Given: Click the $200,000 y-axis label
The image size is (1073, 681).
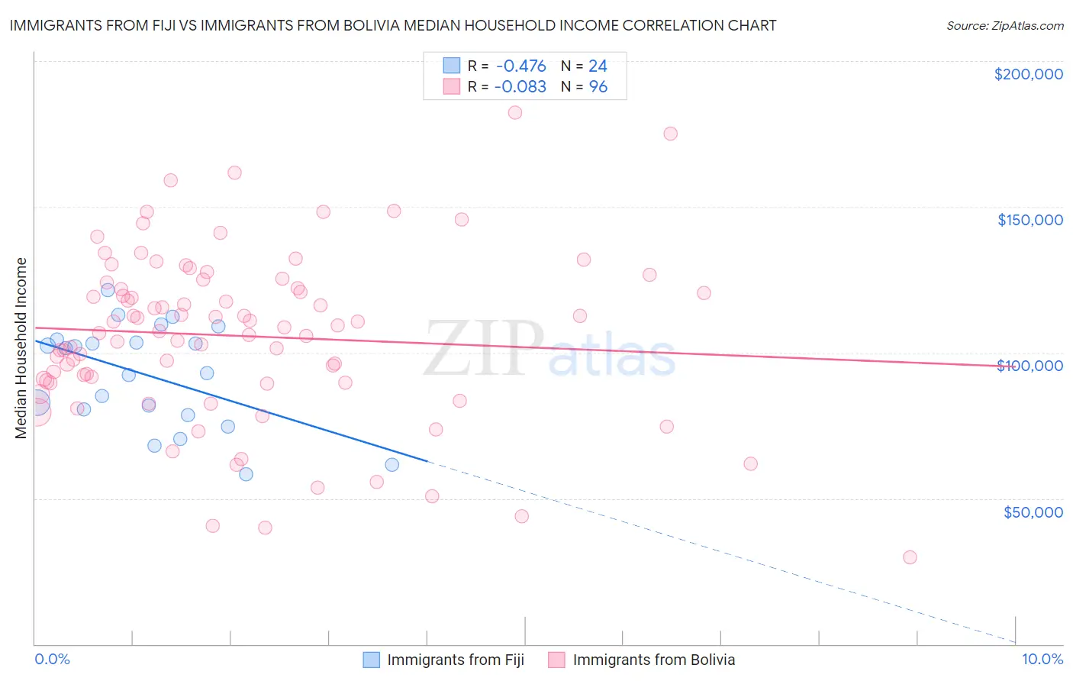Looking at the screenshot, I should [1028, 74].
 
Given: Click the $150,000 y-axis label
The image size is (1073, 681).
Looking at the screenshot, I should [1029, 220].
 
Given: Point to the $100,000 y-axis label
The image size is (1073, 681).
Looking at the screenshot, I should [1029, 366].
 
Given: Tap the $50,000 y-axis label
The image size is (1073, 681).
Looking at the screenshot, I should [1033, 512].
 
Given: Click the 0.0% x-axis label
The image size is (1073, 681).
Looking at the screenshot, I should [52, 659].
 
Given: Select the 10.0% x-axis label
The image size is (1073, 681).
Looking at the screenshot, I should [1042, 659].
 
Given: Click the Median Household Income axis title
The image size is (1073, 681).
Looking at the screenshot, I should [21, 348].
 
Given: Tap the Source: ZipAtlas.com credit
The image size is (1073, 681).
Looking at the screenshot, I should [1004, 25].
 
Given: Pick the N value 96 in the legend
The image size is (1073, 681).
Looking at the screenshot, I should [598, 86].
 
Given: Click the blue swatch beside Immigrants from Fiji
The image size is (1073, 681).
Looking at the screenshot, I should [371, 660].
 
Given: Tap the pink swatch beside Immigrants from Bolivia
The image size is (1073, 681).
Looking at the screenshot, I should [556, 660].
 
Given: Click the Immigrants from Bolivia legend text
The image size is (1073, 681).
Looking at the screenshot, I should [653, 660].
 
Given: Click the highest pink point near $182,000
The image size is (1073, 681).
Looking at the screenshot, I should [515, 112].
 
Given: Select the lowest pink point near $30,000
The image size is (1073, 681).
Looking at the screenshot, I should [910, 557].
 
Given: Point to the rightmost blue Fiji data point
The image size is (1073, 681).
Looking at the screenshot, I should [392, 464].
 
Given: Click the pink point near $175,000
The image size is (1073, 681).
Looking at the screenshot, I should [670, 134].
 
